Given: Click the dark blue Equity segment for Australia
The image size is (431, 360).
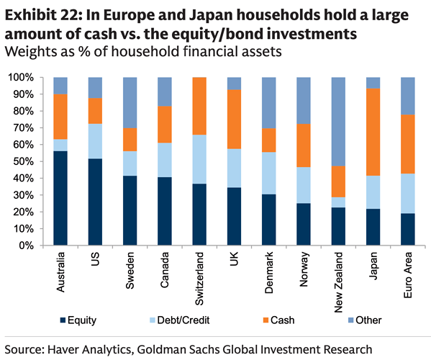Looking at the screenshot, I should coord(60,198).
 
